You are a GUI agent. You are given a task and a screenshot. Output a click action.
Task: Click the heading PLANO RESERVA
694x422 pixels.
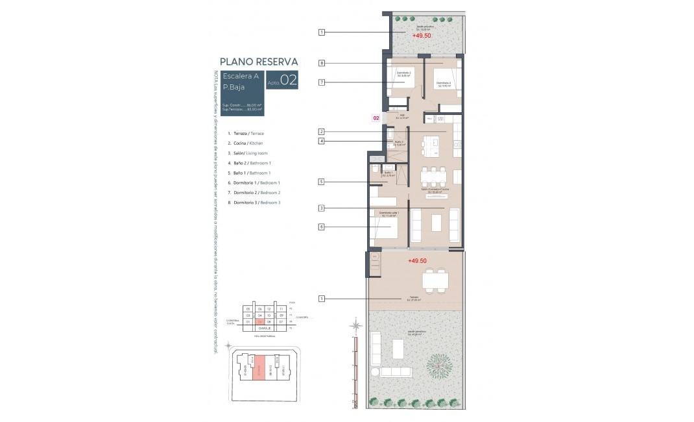259,62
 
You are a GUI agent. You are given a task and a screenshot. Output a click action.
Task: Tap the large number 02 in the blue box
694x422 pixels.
289,81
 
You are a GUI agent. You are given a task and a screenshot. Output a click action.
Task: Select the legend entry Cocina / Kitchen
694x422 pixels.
245,143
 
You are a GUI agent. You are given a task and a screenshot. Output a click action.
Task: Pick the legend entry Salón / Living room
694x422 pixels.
249,153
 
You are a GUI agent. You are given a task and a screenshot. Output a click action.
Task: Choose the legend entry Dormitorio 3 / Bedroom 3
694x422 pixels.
257,203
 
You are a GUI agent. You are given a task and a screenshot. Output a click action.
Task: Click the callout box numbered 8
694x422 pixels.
321,63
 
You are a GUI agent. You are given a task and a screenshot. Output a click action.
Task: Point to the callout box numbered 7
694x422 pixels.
321,82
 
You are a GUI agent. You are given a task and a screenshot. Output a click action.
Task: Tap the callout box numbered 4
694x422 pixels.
321,142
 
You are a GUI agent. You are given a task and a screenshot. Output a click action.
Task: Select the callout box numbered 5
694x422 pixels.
321,183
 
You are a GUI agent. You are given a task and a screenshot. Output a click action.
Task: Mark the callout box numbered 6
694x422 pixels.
321,227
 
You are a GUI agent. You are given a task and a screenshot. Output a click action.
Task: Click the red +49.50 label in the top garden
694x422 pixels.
421,36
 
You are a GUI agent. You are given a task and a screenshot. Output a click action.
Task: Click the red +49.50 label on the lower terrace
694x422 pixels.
418,260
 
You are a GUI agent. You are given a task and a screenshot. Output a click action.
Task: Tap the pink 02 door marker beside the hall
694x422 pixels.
376,119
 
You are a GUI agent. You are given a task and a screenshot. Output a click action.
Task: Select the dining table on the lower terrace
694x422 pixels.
435,280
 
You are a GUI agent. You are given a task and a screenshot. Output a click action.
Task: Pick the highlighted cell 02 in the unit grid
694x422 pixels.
259,321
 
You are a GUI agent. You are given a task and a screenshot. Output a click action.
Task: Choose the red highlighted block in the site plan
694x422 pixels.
259,368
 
